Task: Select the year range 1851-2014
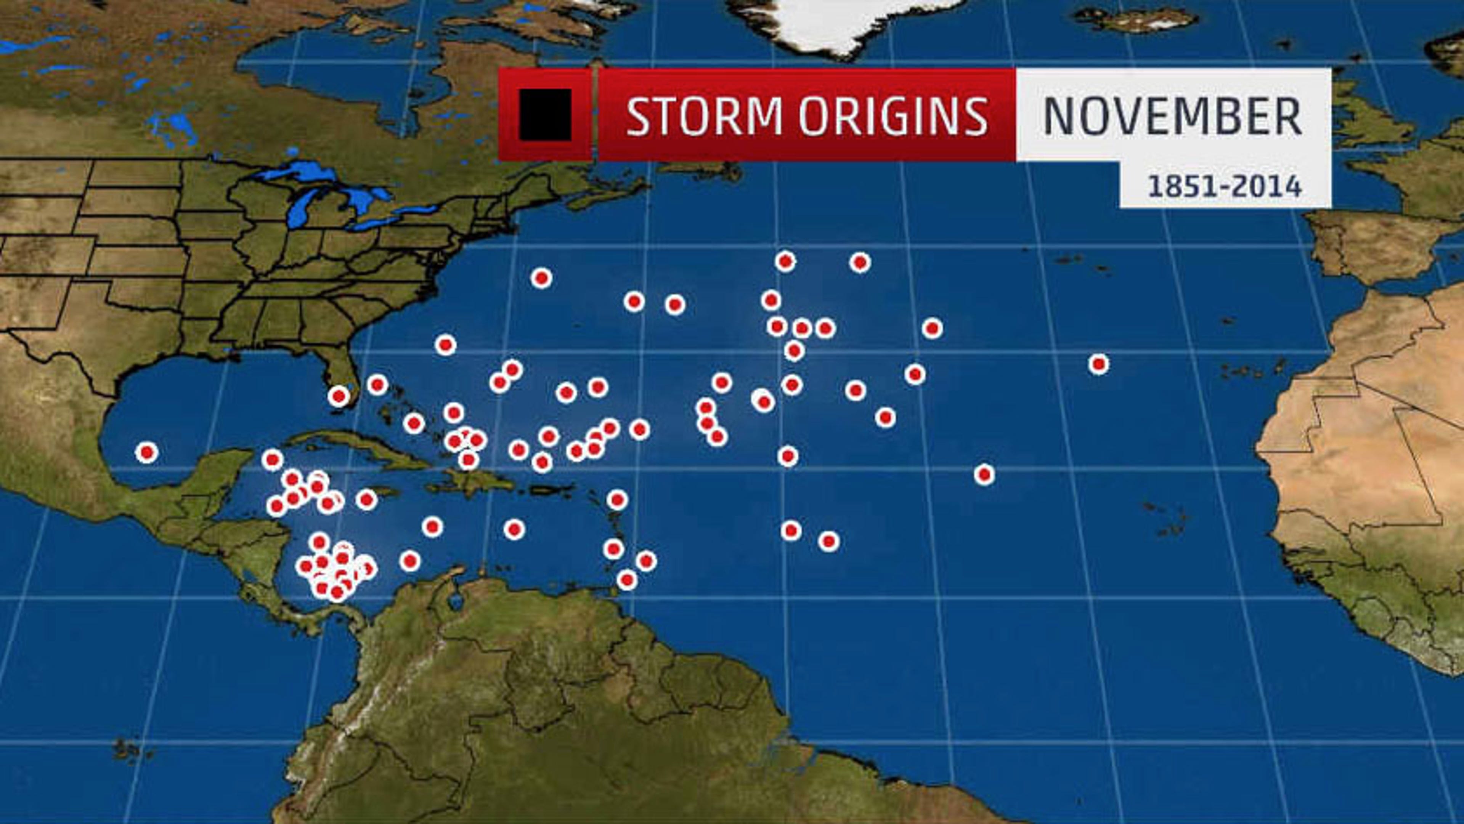point(1225,186)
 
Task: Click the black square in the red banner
point(544,114)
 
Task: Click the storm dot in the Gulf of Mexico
point(147,452)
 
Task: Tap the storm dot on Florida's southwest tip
point(339,396)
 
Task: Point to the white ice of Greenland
point(841,23)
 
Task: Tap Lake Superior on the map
point(307,170)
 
